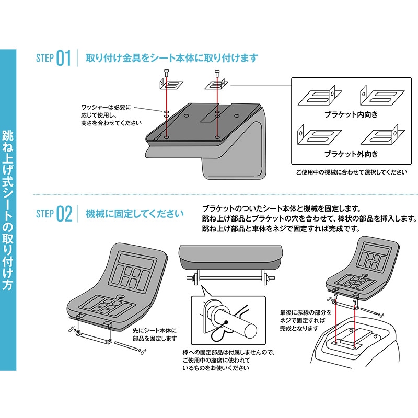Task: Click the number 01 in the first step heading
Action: tap(64, 58)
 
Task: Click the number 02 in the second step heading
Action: tap(64, 214)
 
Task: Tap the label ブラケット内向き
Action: tap(351, 114)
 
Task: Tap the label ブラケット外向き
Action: tap(351, 154)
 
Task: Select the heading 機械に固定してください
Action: tap(135, 214)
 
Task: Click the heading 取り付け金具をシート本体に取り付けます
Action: tap(172, 58)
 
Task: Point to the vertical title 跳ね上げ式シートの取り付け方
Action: tap(8, 210)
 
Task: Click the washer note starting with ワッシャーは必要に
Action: tap(111, 115)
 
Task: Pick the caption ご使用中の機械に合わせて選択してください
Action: tap(352, 172)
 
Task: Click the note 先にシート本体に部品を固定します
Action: tap(155, 334)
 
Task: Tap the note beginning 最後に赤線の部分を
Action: tap(306, 320)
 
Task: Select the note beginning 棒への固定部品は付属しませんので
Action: tap(228, 360)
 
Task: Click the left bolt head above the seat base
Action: tap(167, 72)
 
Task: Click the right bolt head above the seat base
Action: tap(217, 72)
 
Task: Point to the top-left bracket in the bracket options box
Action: tap(320, 97)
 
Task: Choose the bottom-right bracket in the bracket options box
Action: tap(382, 135)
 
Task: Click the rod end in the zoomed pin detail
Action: tap(250, 331)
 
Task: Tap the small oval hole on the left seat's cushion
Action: tap(121, 296)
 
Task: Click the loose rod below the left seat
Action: tap(126, 346)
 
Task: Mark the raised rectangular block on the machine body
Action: tap(356, 337)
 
